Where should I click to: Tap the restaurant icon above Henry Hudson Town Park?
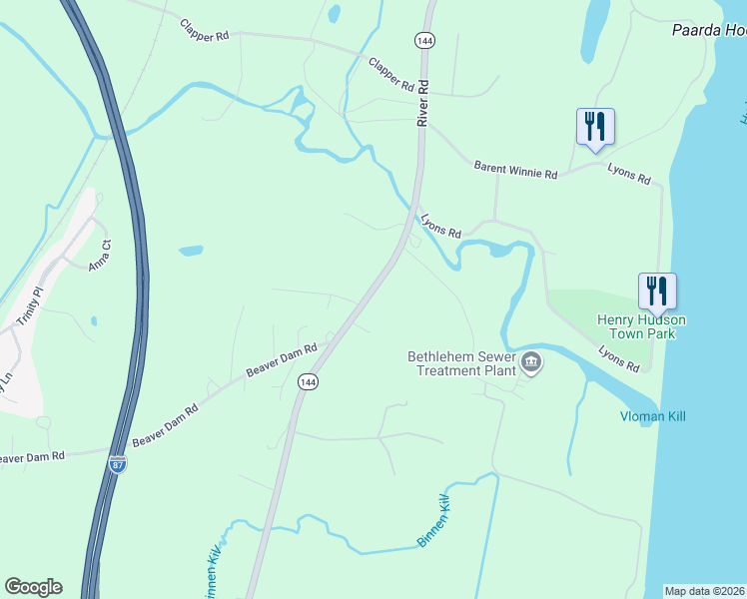pyautogui.click(x=657, y=291)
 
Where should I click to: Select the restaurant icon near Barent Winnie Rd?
pyautogui.click(x=595, y=126)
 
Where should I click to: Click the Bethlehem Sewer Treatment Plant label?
pyautogui.click(x=462, y=363)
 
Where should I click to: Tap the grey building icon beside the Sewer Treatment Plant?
pyautogui.click(x=531, y=363)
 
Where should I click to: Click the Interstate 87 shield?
pyautogui.click(x=118, y=465)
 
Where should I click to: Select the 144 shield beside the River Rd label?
pyautogui.click(x=423, y=39)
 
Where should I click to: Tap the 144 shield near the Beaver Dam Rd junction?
pyautogui.click(x=307, y=383)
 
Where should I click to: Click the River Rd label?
pyautogui.click(x=422, y=103)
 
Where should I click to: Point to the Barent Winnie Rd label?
pyautogui.click(x=515, y=172)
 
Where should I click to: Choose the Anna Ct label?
pyautogui.click(x=98, y=257)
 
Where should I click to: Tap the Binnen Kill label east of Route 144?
pyautogui.click(x=435, y=520)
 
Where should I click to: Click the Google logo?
pyautogui.click(x=33, y=586)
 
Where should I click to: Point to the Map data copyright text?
pyautogui.click(x=705, y=591)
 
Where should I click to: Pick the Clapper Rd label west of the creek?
pyautogui.click(x=205, y=29)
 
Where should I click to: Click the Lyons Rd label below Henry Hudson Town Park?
pyautogui.click(x=619, y=358)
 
